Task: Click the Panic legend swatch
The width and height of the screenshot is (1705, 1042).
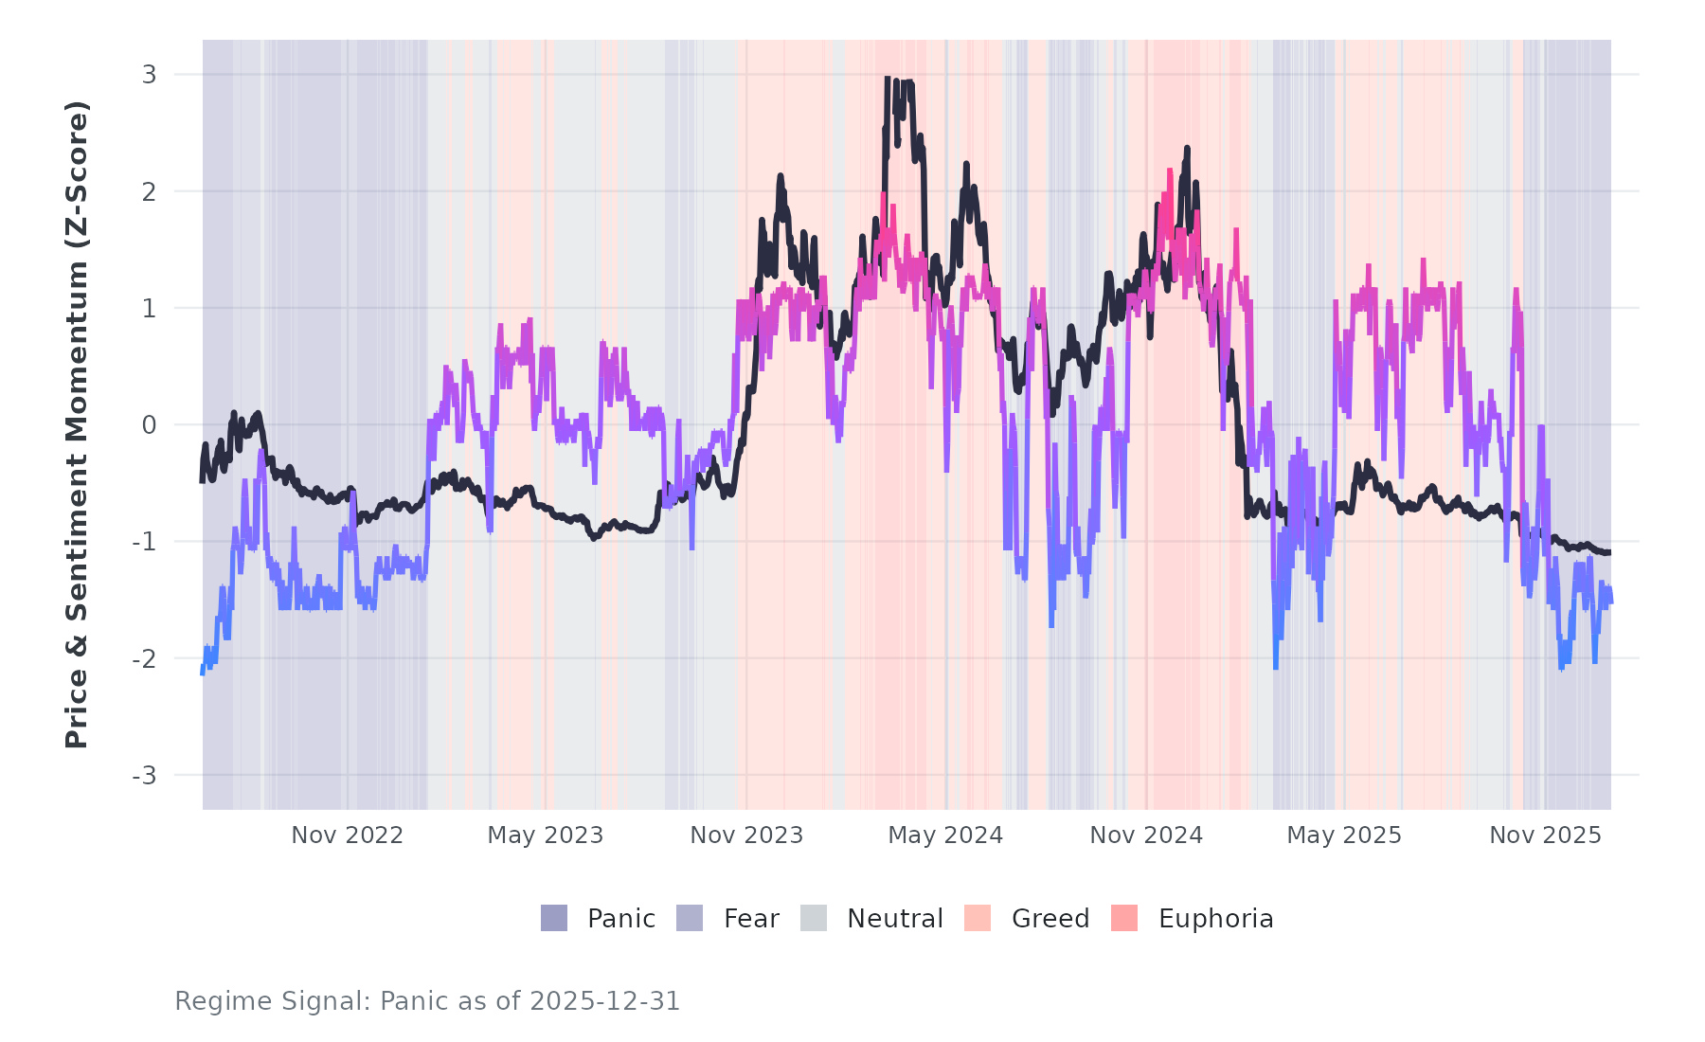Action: coord(554,918)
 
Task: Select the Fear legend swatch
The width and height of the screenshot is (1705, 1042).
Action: coord(690,918)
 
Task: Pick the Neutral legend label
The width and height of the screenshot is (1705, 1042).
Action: coord(894,919)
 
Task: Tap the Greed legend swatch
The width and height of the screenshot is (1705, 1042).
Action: coord(978,918)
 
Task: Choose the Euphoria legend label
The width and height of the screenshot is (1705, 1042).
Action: coord(1215,919)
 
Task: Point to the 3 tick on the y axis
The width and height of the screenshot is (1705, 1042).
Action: coord(149,75)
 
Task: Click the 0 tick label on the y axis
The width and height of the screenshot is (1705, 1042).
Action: coord(149,425)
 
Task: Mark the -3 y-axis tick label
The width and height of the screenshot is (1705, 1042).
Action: coord(144,776)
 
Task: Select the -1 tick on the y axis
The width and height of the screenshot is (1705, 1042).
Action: coord(144,542)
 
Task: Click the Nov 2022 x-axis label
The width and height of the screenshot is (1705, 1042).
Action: coord(347,835)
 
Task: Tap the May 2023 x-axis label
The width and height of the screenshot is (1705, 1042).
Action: coord(545,835)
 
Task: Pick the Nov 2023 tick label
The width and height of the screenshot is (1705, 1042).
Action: coord(746,835)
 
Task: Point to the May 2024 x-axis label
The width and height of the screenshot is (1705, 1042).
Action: coord(945,835)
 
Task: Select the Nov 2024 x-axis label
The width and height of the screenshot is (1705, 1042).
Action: coord(1146,835)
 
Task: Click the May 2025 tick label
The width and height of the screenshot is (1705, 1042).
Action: coord(1344,835)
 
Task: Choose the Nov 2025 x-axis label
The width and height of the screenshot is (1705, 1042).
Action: coord(1545,835)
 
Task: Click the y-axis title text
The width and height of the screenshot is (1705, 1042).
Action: coord(77,424)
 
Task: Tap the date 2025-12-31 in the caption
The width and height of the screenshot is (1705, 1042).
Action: coord(604,1001)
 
